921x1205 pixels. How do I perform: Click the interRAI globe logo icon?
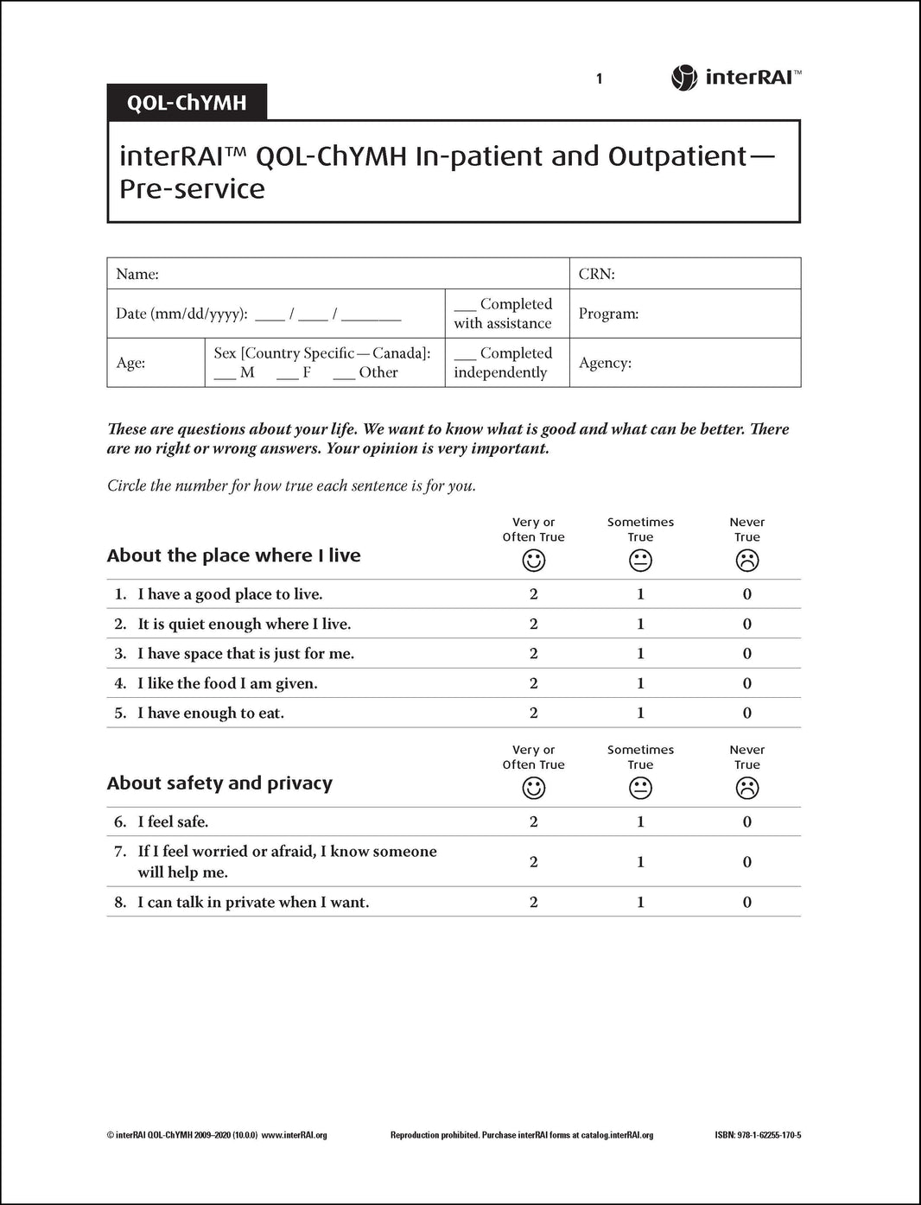683,78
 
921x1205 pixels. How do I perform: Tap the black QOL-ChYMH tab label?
187,103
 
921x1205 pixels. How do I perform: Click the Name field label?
137,274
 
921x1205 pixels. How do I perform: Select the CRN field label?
596,274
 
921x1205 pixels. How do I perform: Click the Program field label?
608,314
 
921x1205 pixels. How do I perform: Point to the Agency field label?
605,363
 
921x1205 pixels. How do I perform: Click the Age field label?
130,363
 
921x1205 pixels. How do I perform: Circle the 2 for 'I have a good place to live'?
534,594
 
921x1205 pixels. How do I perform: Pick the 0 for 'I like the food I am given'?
747,683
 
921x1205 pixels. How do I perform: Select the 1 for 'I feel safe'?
640,821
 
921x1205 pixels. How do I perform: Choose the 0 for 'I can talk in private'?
747,902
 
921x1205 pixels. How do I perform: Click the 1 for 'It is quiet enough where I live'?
640,624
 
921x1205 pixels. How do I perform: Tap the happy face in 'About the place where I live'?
534,561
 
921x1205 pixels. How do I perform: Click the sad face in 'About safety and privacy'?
747,788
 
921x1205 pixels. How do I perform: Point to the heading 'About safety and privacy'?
219,783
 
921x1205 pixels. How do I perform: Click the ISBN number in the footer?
758,1135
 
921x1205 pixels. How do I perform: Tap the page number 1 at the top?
599,79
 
